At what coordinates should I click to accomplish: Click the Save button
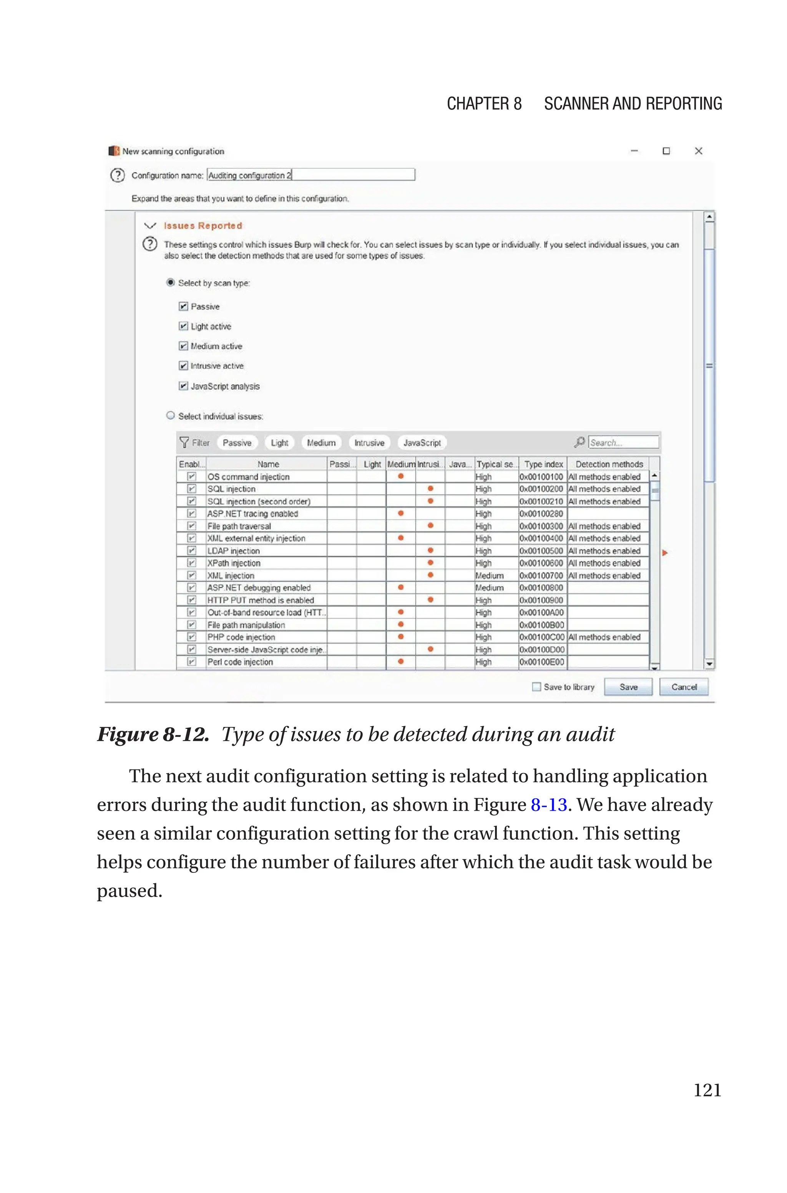(628, 687)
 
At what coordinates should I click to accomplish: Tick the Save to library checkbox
(536, 687)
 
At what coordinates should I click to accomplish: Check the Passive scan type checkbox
(183, 306)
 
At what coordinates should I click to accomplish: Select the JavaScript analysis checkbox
(183, 386)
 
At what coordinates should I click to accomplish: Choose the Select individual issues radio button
(171, 415)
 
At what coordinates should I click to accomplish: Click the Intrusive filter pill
(369, 443)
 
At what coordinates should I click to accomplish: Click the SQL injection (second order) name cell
(259, 501)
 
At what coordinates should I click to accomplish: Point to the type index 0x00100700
(541, 576)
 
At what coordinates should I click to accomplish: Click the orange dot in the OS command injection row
(400, 476)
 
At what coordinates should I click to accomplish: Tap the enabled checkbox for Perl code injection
(191, 662)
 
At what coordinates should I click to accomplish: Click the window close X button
(698, 151)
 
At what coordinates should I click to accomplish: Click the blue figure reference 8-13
(549, 805)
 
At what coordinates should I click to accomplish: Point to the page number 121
(707, 1090)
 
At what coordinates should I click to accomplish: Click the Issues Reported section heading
(203, 226)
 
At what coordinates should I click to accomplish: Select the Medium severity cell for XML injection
(489, 576)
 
